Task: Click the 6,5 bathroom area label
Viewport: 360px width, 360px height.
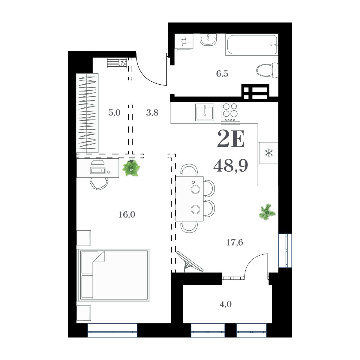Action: pos(222,74)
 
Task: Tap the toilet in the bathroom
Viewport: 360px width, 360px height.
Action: pos(268,70)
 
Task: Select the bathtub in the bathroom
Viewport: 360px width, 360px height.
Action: pos(252,45)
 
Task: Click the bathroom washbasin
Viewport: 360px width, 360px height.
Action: pos(208,40)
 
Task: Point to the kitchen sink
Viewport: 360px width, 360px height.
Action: pos(205,112)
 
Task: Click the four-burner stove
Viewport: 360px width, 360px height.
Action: pos(231,112)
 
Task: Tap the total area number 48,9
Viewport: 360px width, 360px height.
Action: pos(230,166)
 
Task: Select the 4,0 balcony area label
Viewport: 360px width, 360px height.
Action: pos(225,304)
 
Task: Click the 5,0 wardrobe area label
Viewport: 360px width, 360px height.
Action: pos(114,113)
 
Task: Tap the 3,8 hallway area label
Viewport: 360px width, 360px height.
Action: pos(152,113)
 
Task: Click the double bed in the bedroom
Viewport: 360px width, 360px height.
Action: pos(113,274)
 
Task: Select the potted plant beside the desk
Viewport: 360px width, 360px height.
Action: pos(131,168)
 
